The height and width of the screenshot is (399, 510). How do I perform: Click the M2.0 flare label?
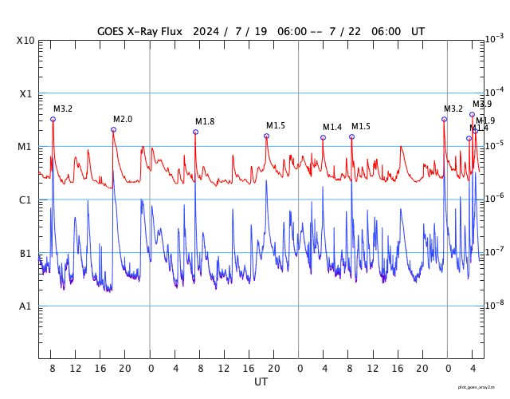tap(123, 119)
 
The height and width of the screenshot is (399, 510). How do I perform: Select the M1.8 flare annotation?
tap(205, 121)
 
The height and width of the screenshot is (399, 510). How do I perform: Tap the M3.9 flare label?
tap(482, 104)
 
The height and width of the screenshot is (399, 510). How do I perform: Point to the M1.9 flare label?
tap(485, 120)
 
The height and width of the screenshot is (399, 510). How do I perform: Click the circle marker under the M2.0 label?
tap(113, 129)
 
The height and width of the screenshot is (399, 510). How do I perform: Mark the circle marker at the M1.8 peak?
tap(195, 132)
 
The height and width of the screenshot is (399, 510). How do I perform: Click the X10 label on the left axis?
tap(25, 41)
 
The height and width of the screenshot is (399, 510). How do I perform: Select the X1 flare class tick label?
tap(25, 94)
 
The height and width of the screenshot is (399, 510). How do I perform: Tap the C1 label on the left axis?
tap(25, 200)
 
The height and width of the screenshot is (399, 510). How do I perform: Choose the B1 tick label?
tap(25, 254)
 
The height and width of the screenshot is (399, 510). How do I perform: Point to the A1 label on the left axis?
tap(25, 306)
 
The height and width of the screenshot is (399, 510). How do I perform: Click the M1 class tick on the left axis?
tap(25, 147)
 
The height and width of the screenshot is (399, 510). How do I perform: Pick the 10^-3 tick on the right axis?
tap(495, 38)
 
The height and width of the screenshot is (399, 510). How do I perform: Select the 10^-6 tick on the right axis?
tap(495, 198)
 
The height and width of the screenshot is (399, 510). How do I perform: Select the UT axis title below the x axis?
tap(261, 382)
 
